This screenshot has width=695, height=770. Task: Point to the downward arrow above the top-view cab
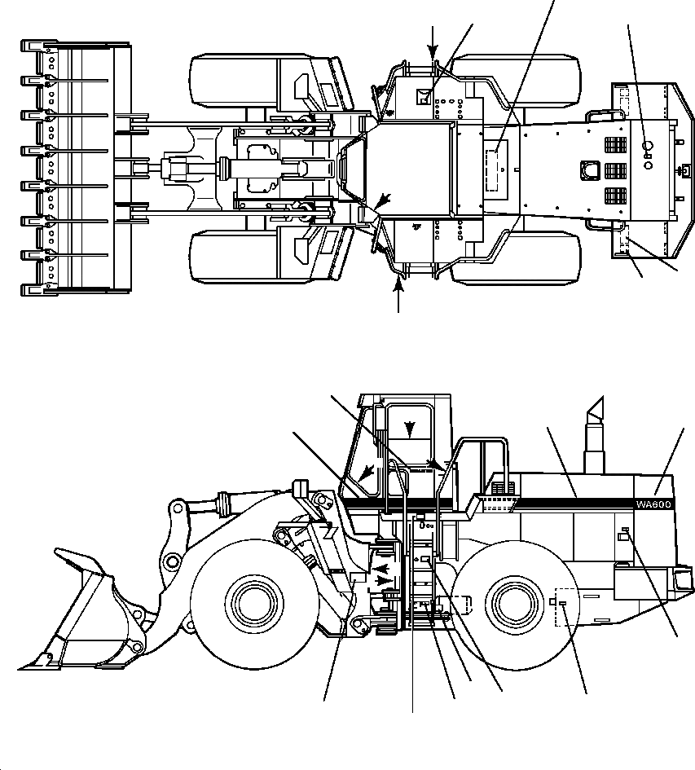coord(433,45)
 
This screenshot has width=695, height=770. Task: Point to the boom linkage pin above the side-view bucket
coord(174,509)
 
